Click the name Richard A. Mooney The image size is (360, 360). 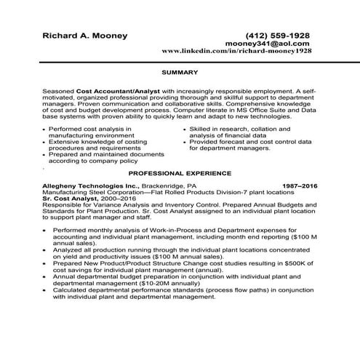(x=85, y=35)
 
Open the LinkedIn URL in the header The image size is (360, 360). (x=236, y=52)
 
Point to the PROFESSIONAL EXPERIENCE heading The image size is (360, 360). (x=180, y=174)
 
